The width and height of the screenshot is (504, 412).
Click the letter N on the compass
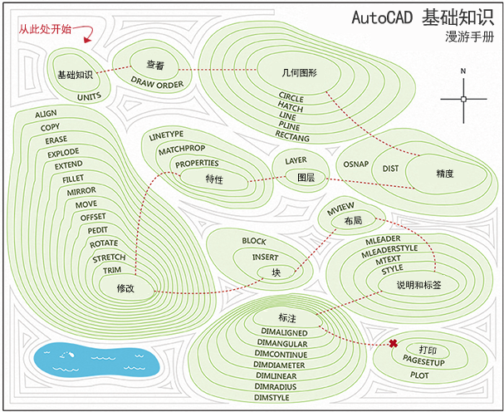(463, 71)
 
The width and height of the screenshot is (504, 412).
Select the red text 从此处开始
(46, 30)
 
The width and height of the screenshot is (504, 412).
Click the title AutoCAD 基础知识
(421, 17)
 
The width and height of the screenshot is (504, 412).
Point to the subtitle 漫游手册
(468, 37)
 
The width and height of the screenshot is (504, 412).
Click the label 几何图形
(299, 73)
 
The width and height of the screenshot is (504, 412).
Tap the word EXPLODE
(64, 153)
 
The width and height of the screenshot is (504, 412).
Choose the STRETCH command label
(109, 257)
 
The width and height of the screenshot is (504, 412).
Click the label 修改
(125, 287)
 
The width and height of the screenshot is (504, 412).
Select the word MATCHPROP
(182, 149)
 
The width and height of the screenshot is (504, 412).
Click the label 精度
(444, 174)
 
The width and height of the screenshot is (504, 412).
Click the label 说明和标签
(407, 284)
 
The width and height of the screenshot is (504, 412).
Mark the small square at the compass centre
(463, 99)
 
